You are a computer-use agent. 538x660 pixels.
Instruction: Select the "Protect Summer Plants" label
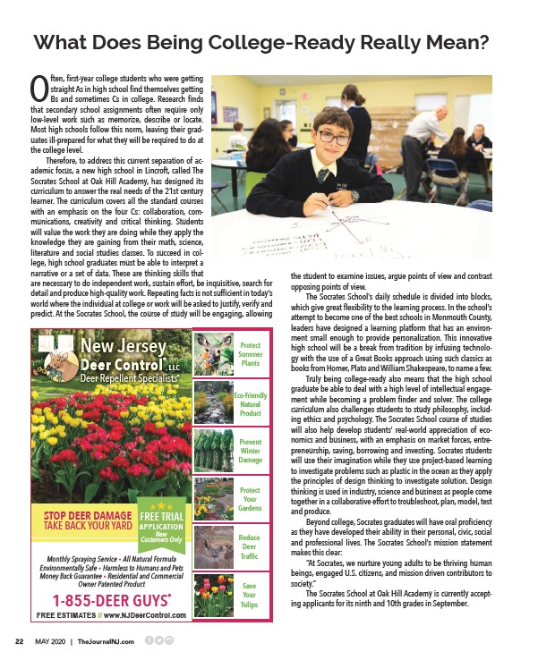click(x=251, y=354)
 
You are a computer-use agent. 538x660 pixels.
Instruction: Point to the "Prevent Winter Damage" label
click(x=251, y=451)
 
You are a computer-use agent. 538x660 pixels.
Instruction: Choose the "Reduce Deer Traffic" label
click(x=251, y=547)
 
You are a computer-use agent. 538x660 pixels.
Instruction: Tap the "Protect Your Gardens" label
click(x=251, y=499)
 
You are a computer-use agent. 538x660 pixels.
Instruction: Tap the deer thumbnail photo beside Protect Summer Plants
click(x=212, y=354)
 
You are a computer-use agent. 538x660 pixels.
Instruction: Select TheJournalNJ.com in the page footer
click(x=106, y=640)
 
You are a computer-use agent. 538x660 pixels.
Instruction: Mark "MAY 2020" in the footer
click(x=52, y=640)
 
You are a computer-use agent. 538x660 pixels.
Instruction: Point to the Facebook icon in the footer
click(x=148, y=639)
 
